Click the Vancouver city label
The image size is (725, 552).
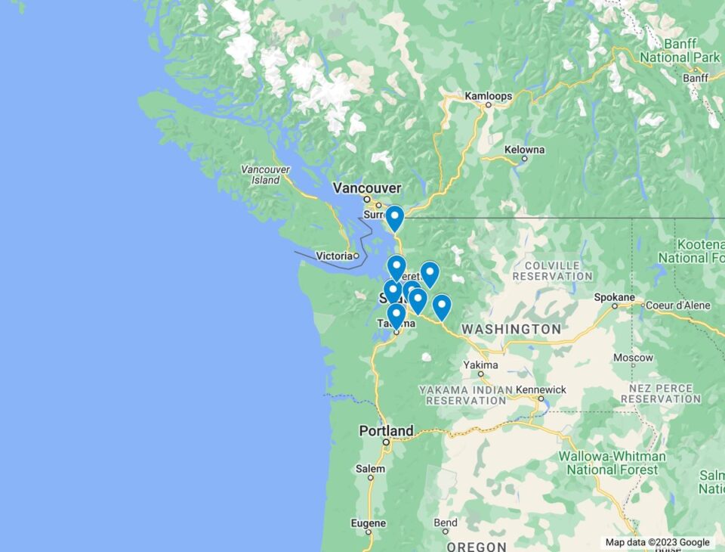click(x=367, y=188)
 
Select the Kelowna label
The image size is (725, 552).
click(x=524, y=150)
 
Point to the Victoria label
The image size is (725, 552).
click(x=334, y=256)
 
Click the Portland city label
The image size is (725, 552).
click(x=386, y=431)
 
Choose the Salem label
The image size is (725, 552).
click(x=370, y=469)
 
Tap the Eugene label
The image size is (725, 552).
click(x=369, y=523)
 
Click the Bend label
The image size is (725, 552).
click(x=445, y=523)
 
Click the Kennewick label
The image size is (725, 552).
click(x=541, y=389)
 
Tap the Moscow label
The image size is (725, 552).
click(x=633, y=358)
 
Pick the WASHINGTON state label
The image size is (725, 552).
click(x=511, y=330)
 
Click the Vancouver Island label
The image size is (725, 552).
click(x=265, y=175)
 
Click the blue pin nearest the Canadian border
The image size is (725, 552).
click(x=394, y=218)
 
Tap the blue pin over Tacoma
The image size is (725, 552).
click(x=396, y=315)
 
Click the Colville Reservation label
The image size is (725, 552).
click(x=552, y=271)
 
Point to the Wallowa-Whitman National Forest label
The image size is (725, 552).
click(x=612, y=463)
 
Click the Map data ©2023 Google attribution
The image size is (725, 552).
click(x=657, y=542)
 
